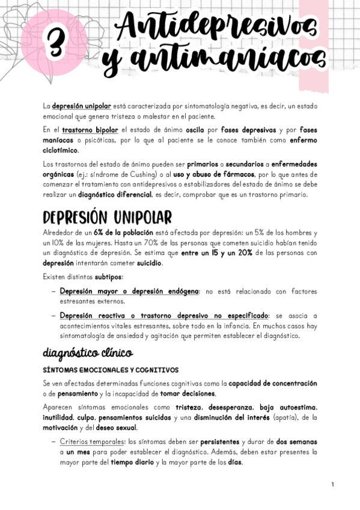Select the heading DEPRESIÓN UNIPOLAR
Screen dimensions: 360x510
[108, 217]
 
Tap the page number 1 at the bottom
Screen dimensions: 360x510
[332, 484]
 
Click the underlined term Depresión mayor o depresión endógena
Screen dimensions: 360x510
[129, 291]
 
